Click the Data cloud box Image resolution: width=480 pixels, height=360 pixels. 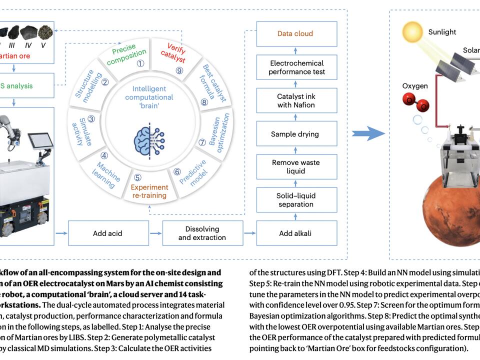[x=295, y=33]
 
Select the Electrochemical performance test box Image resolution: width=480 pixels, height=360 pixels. [x=296, y=67]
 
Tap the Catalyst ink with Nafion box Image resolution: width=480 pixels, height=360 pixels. [x=296, y=100]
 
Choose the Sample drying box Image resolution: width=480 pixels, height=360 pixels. [x=295, y=134]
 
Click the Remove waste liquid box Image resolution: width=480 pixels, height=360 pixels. [x=295, y=166]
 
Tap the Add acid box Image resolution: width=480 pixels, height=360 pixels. [x=107, y=233]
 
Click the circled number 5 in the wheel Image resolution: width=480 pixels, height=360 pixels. [x=138, y=176]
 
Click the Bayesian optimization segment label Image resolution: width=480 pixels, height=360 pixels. [x=216, y=132]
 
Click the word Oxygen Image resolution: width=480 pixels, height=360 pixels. [x=415, y=86]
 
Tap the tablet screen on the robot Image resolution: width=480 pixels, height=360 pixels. [x=40, y=142]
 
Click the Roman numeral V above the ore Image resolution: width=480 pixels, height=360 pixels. [x=43, y=45]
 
